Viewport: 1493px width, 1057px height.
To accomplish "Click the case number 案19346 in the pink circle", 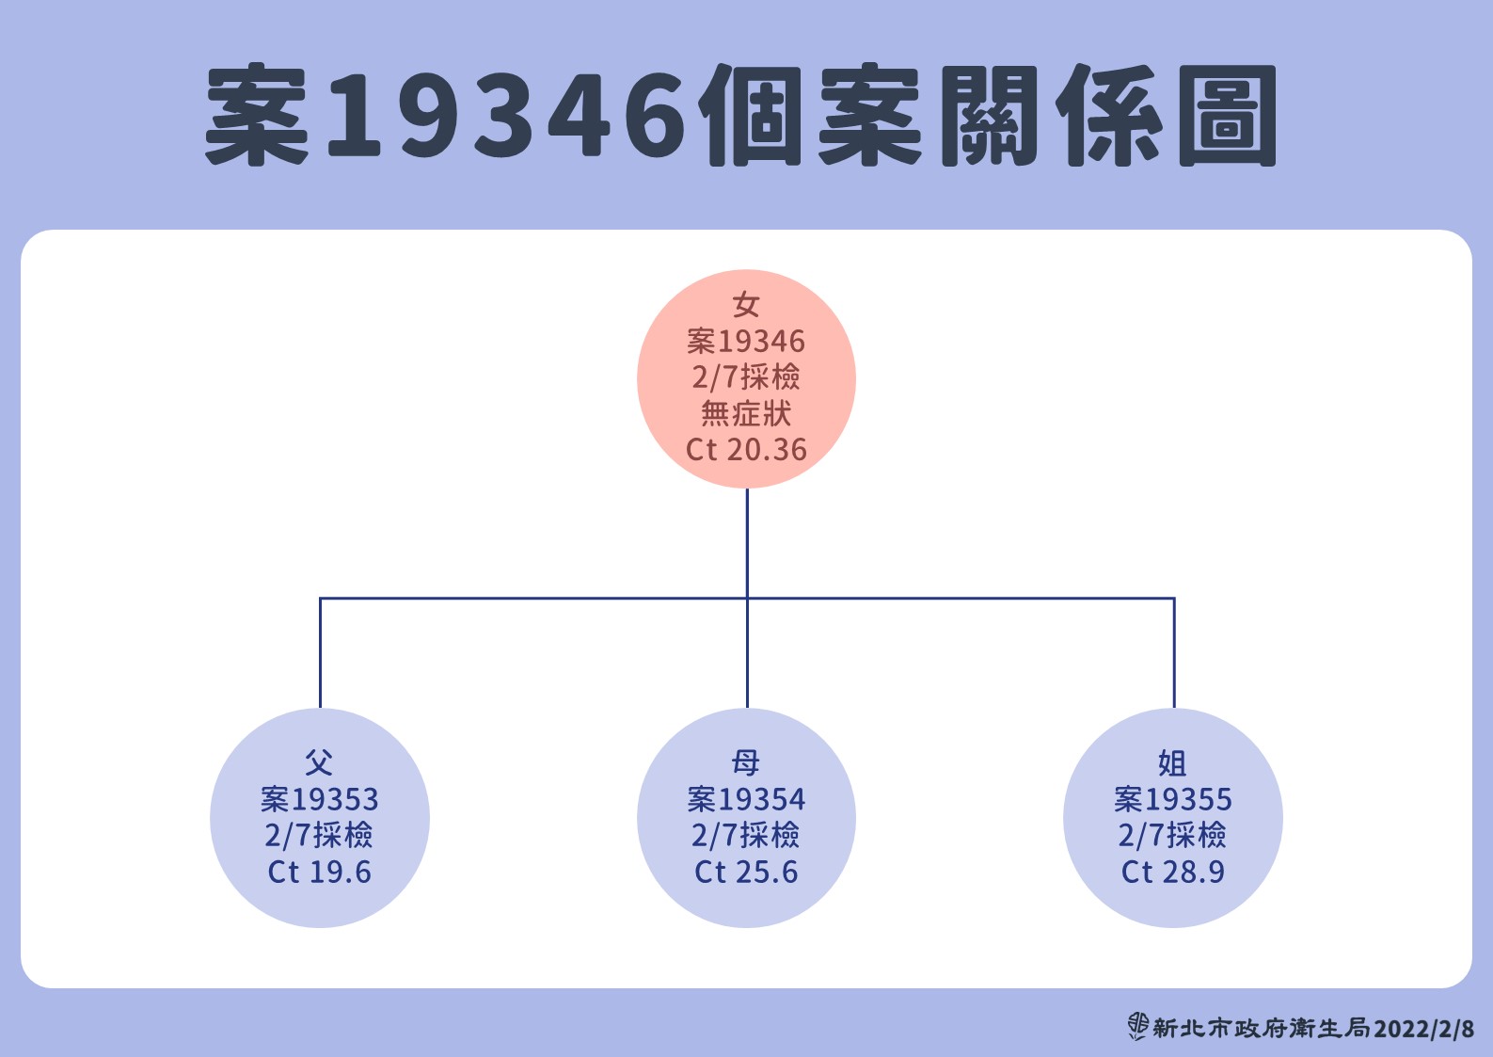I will (x=746, y=341).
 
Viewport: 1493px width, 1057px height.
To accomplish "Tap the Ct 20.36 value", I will (x=746, y=450).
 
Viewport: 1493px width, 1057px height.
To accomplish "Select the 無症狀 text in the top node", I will (x=746, y=414).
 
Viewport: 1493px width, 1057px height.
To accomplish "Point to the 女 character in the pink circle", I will (x=746, y=305).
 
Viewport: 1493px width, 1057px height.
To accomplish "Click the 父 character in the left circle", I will (x=319, y=762).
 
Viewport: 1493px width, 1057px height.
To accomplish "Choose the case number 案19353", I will (x=319, y=799).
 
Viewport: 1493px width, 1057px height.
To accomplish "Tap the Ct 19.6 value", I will (x=319, y=873).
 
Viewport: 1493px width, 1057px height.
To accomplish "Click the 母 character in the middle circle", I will (x=746, y=762).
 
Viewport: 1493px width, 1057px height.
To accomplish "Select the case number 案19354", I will (x=746, y=799).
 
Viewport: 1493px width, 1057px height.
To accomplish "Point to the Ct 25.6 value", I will (x=746, y=873).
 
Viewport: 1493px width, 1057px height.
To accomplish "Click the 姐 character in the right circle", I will (x=1172, y=762).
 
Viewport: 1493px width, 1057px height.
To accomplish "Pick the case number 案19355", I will (x=1172, y=799).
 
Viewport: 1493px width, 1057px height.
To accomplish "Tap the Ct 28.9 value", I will (x=1172, y=873).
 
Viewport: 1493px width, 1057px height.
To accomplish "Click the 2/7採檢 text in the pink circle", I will (x=746, y=377).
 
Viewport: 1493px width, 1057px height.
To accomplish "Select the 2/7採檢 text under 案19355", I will (x=1172, y=835).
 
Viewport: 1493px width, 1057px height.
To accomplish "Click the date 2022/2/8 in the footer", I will (x=1423, y=1029).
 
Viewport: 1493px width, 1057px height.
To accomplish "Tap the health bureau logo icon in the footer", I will (x=1138, y=1026).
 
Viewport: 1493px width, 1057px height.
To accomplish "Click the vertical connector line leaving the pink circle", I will (x=747, y=541).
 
